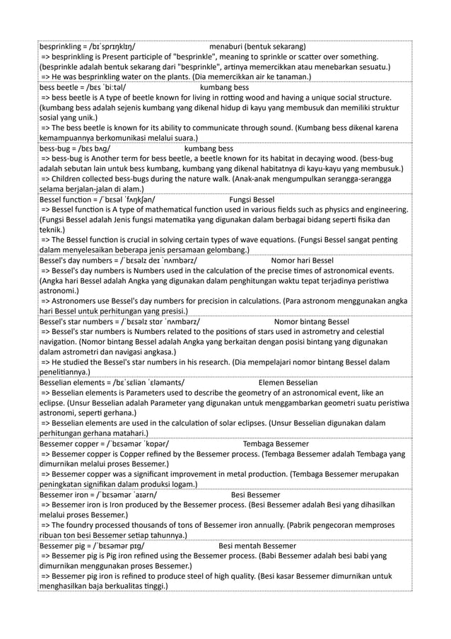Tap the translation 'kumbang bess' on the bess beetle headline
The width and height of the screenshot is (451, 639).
(x=225, y=88)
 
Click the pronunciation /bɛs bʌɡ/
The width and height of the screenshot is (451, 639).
(x=95, y=149)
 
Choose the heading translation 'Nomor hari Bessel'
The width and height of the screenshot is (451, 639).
(x=302, y=260)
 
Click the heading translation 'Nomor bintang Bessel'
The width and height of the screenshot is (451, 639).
(x=312, y=321)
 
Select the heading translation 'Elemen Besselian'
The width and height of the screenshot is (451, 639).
(x=288, y=382)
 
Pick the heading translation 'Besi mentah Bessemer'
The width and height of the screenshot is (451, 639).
(x=257, y=546)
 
